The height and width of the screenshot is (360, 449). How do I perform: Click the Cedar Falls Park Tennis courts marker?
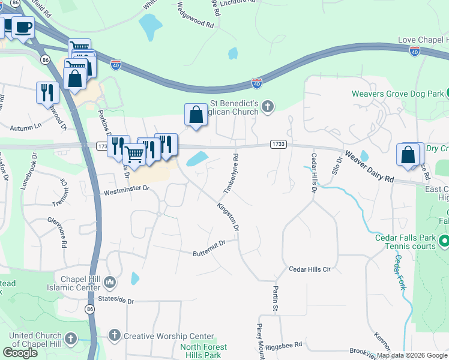(444, 242)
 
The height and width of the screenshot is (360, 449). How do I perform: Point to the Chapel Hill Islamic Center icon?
(110, 282)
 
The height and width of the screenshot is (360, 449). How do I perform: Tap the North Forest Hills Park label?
(204, 351)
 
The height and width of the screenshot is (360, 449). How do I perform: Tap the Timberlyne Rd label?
(231, 173)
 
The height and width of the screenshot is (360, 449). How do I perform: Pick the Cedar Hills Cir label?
(310, 269)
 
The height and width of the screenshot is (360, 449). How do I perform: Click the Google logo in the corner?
(20, 353)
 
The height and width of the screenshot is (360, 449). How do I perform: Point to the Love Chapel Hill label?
(423, 40)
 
